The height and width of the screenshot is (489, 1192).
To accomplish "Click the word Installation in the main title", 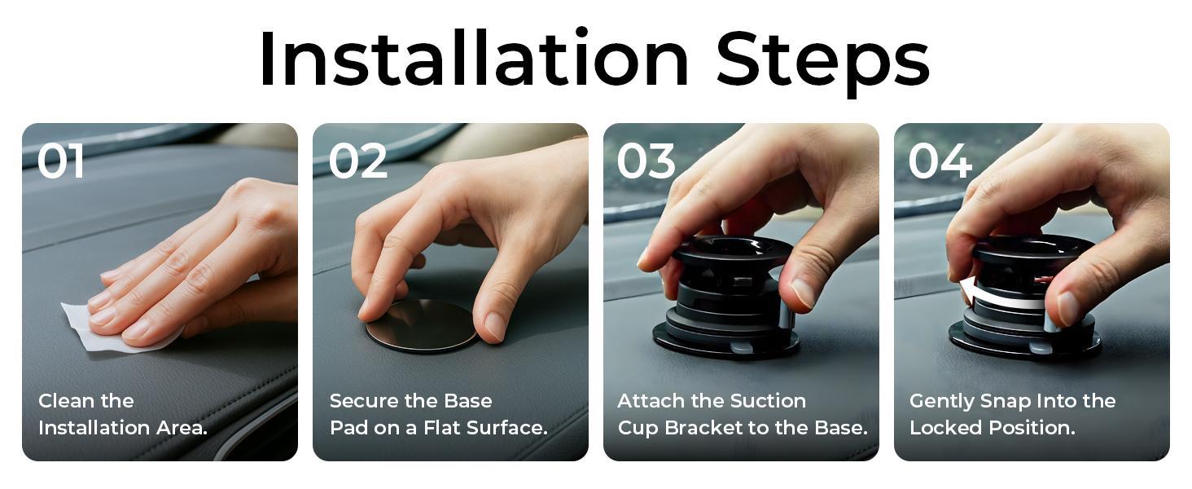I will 473,59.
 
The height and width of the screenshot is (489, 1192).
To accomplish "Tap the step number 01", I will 61,161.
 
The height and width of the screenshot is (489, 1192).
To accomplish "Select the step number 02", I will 357,161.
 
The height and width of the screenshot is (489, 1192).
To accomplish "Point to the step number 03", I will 646,161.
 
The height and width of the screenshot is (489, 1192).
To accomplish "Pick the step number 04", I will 940,161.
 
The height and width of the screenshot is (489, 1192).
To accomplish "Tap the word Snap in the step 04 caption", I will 1010,401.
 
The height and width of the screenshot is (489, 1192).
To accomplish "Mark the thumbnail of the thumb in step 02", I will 494,326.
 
